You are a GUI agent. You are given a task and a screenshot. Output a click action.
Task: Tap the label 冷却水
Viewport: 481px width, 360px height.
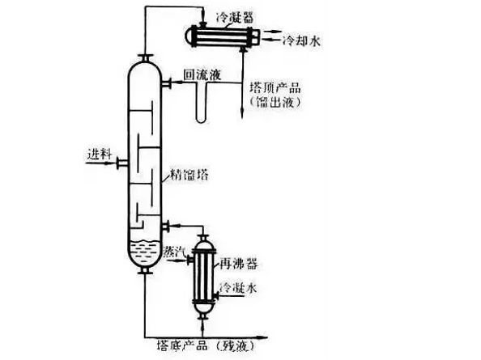[301, 40]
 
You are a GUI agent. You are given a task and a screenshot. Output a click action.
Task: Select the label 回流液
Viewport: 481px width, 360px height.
[203, 74]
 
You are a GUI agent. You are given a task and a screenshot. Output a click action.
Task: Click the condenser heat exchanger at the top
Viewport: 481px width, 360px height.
[216, 36]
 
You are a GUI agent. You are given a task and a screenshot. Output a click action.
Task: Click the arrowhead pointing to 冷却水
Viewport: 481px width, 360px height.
[277, 40]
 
